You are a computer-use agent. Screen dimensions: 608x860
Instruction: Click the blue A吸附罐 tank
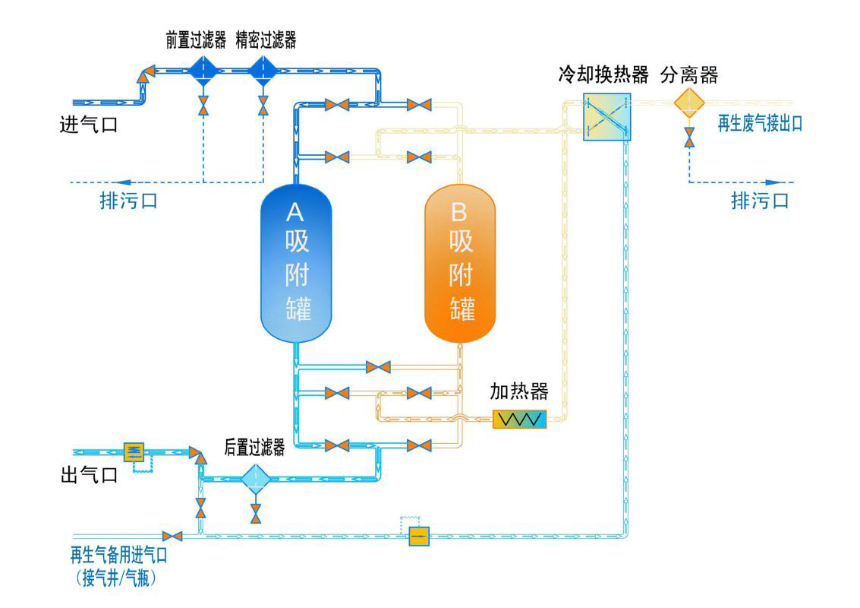(x=296, y=263)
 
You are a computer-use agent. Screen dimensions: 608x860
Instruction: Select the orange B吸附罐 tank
(x=460, y=263)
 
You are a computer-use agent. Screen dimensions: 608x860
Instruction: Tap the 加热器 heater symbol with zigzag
(x=519, y=419)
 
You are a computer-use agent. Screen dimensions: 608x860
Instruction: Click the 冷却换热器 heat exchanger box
(x=606, y=116)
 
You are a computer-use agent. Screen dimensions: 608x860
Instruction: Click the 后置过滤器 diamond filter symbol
(x=256, y=479)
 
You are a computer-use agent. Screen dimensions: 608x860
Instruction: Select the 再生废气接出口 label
(x=760, y=124)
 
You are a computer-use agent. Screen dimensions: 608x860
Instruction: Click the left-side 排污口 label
(x=129, y=201)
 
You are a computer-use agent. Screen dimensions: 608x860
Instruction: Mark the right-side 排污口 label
(x=760, y=201)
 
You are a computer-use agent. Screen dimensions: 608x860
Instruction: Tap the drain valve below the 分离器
(x=689, y=137)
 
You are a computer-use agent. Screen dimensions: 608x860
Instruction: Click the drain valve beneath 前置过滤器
(x=203, y=106)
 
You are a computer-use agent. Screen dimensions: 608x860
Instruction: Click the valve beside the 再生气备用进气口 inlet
(x=172, y=536)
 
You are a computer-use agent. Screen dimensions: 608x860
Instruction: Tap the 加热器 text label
(x=519, y=392)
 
